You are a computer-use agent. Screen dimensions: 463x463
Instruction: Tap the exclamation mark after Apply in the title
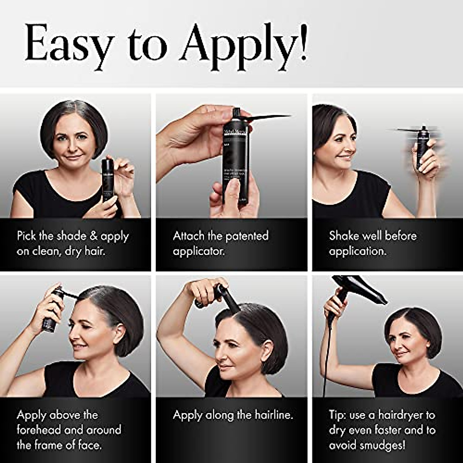click(x=303, y=42)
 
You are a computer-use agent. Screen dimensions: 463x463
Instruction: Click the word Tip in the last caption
click(x=338, y=415)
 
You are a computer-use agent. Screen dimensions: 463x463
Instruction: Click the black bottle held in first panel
click(x=107, y=179)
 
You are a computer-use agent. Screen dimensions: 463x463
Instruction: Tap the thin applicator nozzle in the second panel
click(x=270, y=116)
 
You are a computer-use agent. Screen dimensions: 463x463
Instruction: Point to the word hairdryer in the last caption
click(x=401, y=415)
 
